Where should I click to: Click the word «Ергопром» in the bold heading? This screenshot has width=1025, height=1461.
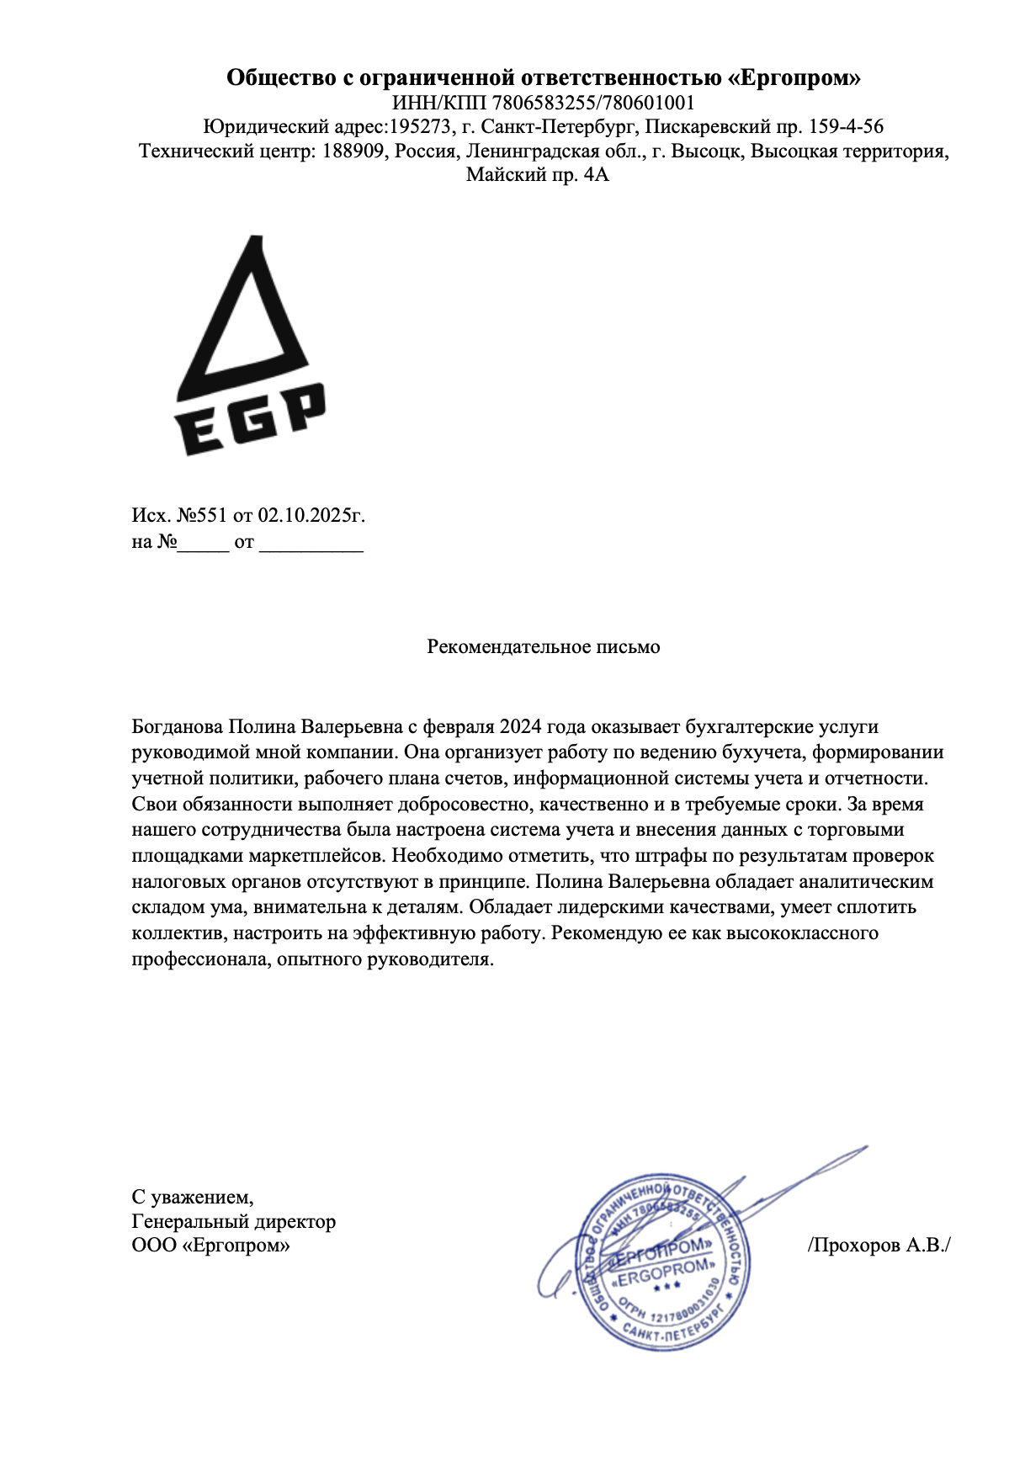pos(794,78)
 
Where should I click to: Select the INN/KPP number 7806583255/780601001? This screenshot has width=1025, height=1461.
pos(593,104)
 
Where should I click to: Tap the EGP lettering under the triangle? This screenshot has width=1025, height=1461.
pos(251,421)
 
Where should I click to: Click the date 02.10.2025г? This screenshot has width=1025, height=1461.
pos(311,515)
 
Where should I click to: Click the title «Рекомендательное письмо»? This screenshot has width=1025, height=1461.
pos(543,646)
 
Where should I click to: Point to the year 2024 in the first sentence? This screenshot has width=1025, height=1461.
pos(521,726)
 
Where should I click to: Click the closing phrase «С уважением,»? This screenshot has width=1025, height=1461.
pos(193,1196)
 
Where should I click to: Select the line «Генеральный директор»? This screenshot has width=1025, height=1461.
pos(233,1221)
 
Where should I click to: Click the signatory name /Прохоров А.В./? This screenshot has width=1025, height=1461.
pos(879,1245)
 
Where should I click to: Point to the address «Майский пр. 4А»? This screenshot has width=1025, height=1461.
pos(537,175)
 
